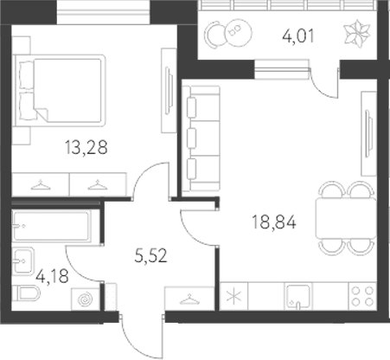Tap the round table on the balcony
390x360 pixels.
pos(231,34)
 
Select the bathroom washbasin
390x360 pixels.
pos(23,259)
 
